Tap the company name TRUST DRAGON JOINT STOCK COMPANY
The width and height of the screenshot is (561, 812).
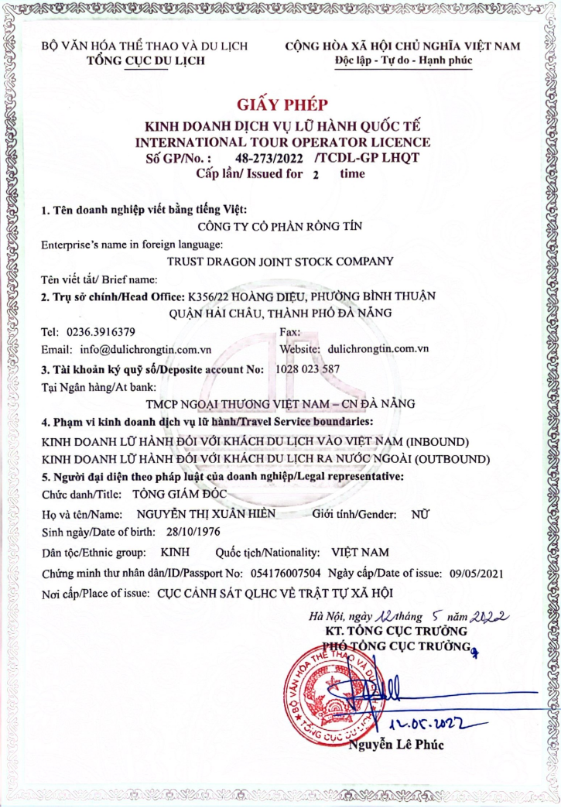point(280,261)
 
